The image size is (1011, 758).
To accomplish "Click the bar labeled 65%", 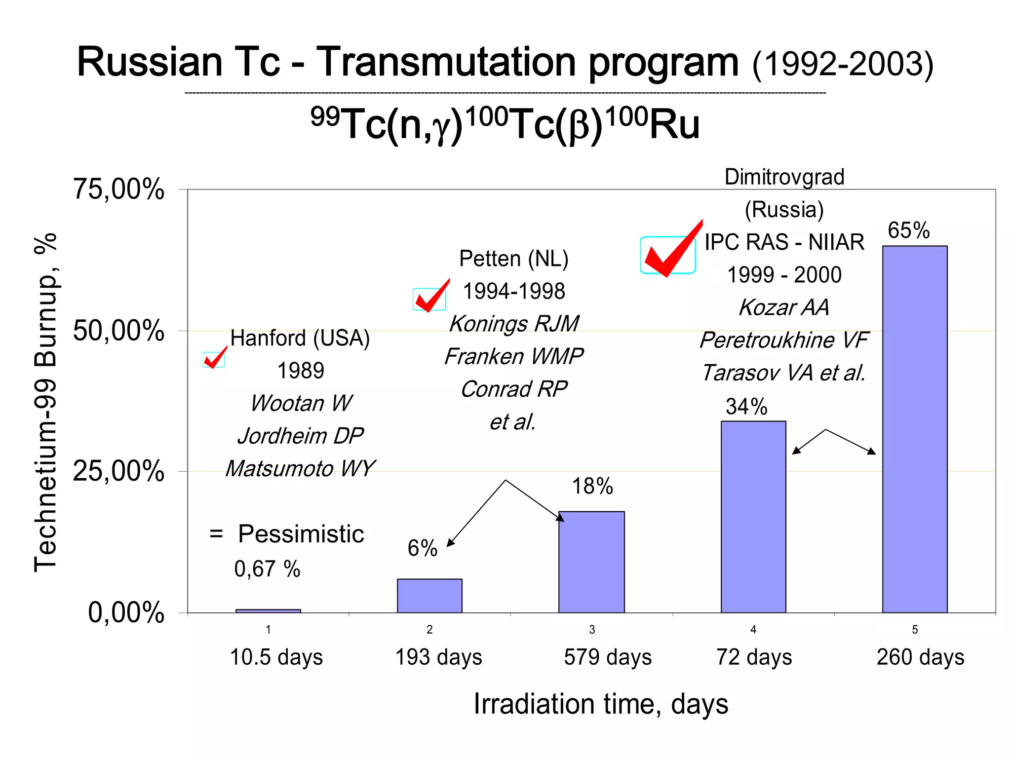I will (x=915, y=429).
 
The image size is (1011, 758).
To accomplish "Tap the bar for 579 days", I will (x=591, y=562).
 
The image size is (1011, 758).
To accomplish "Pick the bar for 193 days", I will (x=429, y=596).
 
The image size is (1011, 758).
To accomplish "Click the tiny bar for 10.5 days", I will (x=268, y=611).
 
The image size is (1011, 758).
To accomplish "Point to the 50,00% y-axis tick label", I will (x=118, y=331).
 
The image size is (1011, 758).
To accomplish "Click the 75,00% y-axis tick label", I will (x=118, y=189).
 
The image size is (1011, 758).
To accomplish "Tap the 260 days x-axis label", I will (x=920, y=657).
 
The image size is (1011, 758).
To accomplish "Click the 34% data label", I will (x=746, y=407).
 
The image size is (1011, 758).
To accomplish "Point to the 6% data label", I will (x=423, y=548).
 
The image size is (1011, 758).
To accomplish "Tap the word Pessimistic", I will (x=301, y=534).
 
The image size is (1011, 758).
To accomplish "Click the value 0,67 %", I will (x=267, y=569).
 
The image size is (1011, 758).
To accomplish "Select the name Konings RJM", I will (x=514, y=324).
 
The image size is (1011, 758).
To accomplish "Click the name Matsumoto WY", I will (x=300, y=468).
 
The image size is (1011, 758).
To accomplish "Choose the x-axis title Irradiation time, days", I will (x=601, y=704).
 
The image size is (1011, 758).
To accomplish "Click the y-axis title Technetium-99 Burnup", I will (x=45, y=403).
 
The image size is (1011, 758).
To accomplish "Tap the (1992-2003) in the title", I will (x=843, y=64).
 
